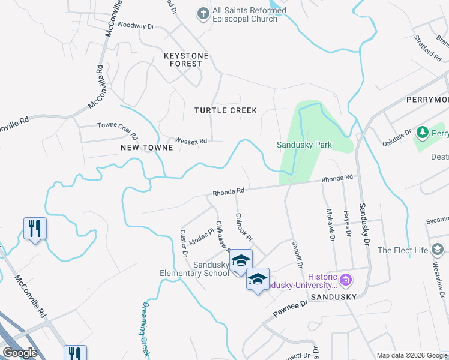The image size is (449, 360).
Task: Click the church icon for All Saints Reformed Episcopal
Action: [x=204, y=13]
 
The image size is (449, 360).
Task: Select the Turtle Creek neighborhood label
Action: [x=226, y=110]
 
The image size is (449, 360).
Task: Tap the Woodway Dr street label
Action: [x=136, y=26]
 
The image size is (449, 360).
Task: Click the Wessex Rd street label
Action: [x=191, y=141]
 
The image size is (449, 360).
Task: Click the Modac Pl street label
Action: [x=202, y=237]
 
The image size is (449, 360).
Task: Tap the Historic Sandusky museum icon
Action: [x=345, y=279]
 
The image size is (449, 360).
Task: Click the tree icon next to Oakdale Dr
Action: [x=422, y=131]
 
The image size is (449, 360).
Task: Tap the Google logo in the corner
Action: [x=20, y=353]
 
